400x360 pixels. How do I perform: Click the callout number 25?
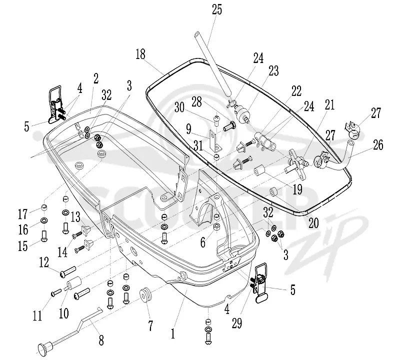click(x=217, y=9)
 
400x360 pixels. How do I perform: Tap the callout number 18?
click(x=140, y=54)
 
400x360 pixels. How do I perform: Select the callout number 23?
click(x=273, y=71)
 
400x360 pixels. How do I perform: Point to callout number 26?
click(x=378, y=144)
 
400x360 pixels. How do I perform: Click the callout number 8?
click(x=101, y=340)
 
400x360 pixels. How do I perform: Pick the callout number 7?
click(x=150, y=326)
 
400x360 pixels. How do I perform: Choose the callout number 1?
click(x=173, y=333)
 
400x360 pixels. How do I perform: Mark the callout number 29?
click(x=236, y=323)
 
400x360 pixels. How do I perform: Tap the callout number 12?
click(x=44, y=262)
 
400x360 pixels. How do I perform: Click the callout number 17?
click(x=22, y=214)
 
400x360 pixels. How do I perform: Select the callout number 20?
click(x=313, y=222)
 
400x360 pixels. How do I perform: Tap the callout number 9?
click(x=188, y=129)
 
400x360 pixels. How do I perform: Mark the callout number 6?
click(x=203, y=242)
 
